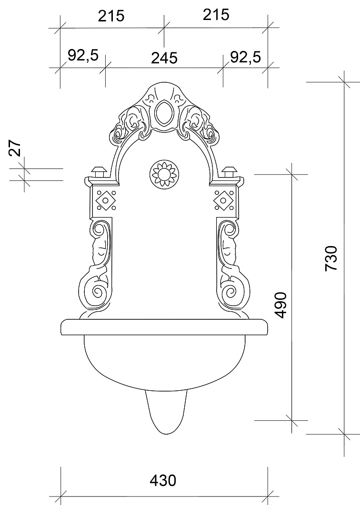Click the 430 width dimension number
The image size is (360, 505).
(163, 481)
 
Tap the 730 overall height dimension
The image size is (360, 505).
(331, 258)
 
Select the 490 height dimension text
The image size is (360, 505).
(280, 305)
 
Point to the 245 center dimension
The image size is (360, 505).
(164, 58)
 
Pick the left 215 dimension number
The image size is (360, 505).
(111, 16)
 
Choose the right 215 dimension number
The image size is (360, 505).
(216, 15)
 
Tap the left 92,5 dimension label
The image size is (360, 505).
(83, 55)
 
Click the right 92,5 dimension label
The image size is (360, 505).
(245, 57)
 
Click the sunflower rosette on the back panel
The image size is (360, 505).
(164, 173)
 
